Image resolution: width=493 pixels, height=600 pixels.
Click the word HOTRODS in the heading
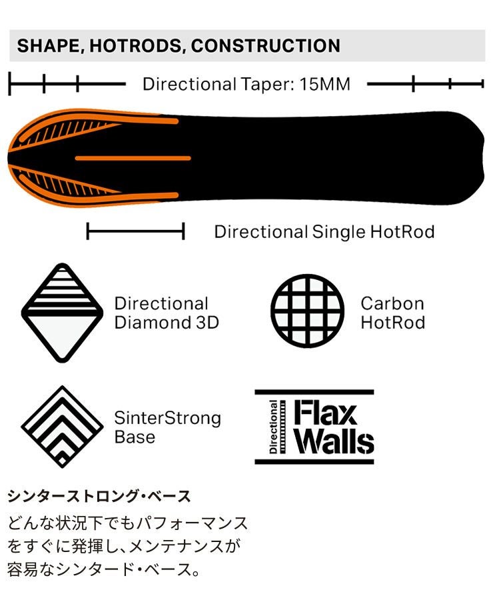coord(135,46)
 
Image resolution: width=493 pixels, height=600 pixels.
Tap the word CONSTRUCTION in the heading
coord(265,45)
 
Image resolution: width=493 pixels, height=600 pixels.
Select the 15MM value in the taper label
coord(324,84)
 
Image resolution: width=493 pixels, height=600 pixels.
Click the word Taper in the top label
coord(265,85)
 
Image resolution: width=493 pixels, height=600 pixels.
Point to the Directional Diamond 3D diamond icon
coord(62,313)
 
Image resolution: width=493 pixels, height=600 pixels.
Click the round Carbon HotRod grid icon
coord(308,311)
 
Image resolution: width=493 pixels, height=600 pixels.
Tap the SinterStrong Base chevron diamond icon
coord(62,426)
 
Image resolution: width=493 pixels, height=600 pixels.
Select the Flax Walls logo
coord(314,427)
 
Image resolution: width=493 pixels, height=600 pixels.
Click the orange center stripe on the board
coord(133,158)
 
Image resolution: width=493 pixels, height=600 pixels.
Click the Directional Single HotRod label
coord(324,232)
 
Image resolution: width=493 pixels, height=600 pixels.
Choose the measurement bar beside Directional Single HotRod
coord(136,231)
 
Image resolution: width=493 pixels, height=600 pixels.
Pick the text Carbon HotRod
coord(393,313)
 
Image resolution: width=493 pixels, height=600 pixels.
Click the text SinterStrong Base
coord(167,427)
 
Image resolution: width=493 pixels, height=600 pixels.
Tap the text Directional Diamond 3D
coord(167,313)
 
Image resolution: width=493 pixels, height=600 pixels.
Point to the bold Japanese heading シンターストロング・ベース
coord(99,496)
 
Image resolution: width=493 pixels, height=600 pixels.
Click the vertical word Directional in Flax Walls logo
coord(273,427)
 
